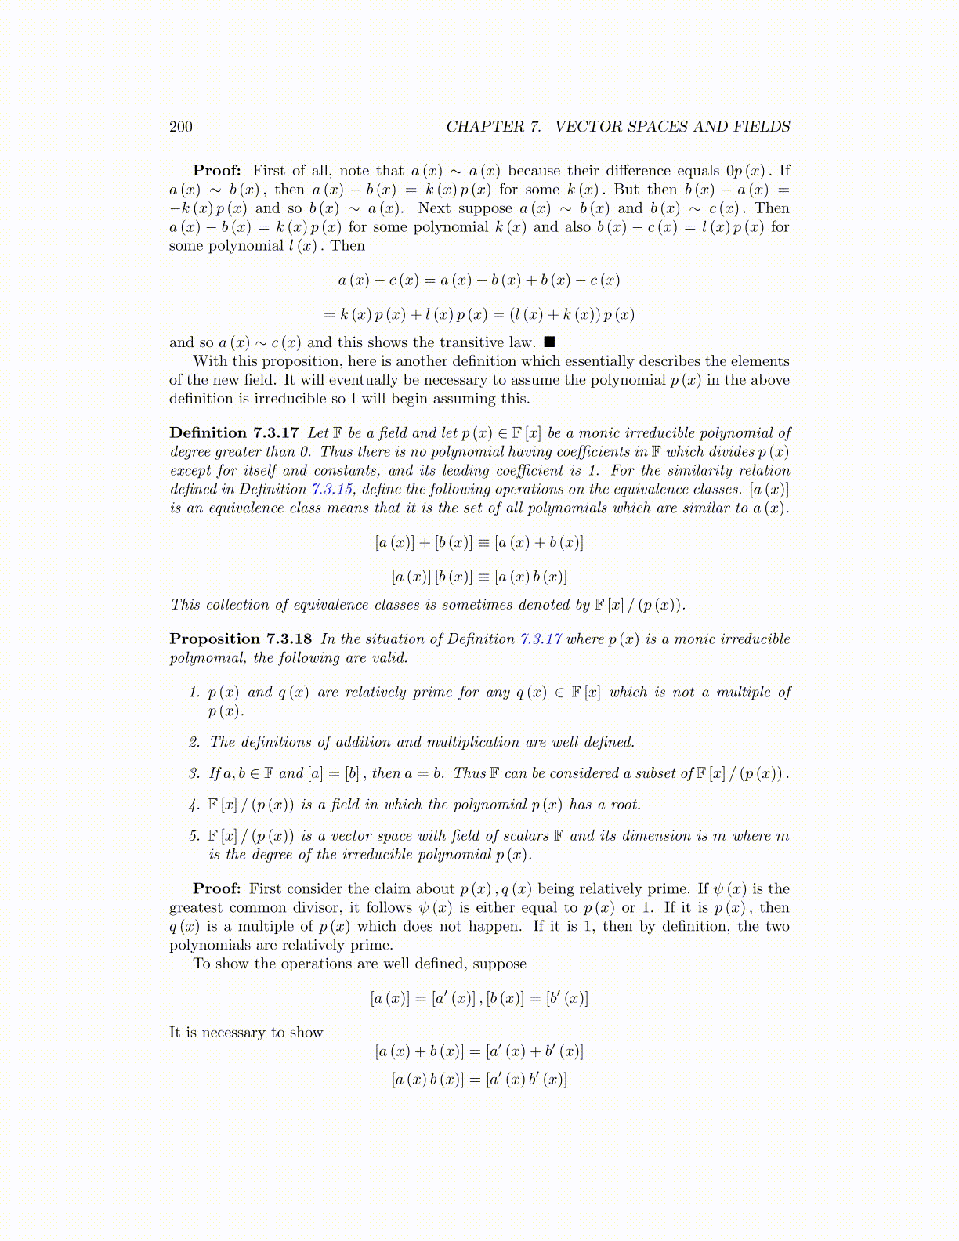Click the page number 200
click(180, 127)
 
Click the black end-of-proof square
click(549, 342)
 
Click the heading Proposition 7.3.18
click(241, 639)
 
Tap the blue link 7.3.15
click(332, 489)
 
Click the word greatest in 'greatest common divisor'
click(196, 908)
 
